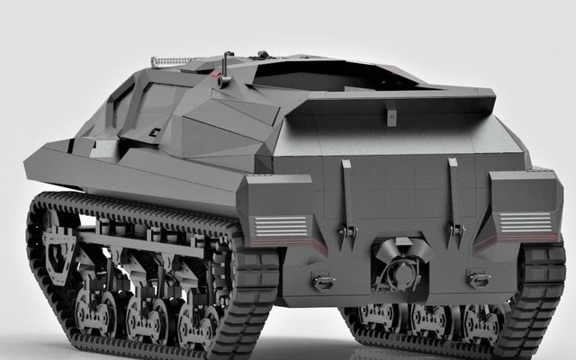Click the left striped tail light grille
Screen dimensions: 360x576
click(280, 226)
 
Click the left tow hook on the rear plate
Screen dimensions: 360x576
click(322, 282)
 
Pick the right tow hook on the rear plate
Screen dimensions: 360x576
click(478, 279)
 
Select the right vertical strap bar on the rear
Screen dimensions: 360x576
click(454, 193)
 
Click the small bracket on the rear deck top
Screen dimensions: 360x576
click(391, 116)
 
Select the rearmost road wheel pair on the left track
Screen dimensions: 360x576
click(198, 320)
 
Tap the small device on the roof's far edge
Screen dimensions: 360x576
click(263, 55)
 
